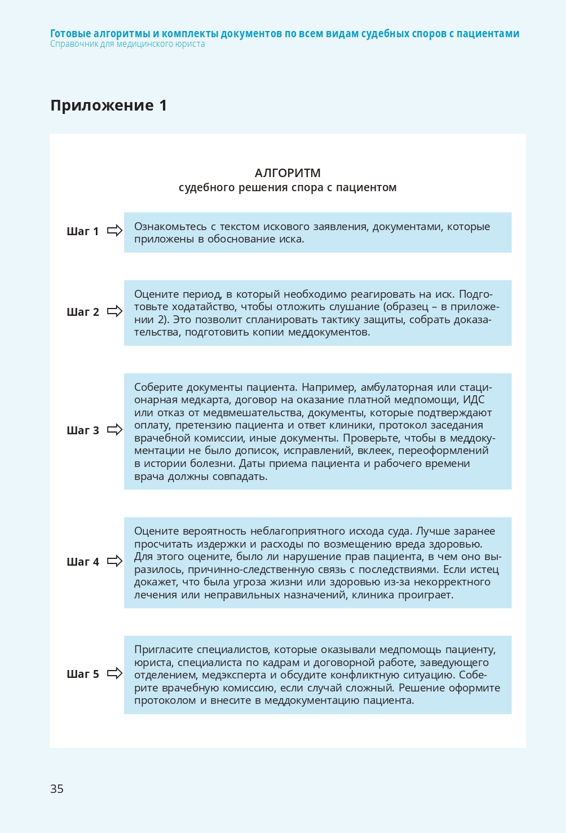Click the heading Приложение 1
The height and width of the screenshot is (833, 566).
[x=108, y=105]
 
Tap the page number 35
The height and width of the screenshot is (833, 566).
[x=57, y=788]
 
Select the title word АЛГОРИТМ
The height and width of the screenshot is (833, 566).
[x=288, y=173]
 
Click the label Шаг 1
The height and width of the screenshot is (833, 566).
[x=82, y=231]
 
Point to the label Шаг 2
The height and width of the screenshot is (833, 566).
[x=82, y=312]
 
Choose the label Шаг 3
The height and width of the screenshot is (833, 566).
[x=82, y=430]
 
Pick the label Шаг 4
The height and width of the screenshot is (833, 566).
[x=82, y=562]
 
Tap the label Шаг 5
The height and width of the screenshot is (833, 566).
[x=82, y=674]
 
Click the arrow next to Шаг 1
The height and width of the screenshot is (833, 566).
[x=114, y=231]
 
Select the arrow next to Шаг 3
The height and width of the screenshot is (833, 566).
[x=114, y=430]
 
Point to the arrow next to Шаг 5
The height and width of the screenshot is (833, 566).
[x=114, y=673]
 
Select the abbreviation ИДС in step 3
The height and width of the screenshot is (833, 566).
[x=474, y=400]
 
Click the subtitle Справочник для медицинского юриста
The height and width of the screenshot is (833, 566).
[x=127, y=44]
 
